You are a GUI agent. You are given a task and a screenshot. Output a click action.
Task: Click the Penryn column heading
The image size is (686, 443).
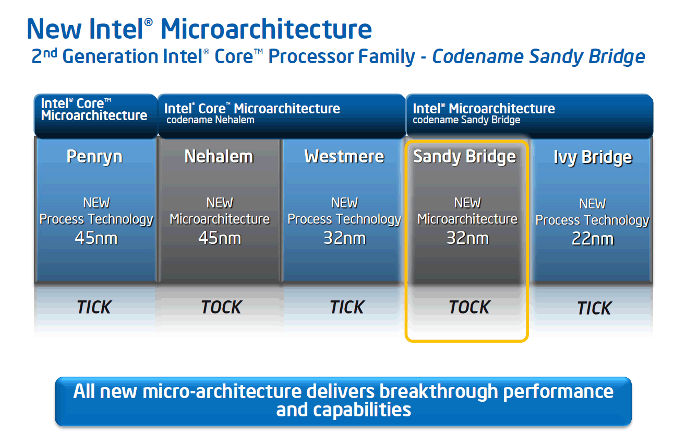[x=94, y=157]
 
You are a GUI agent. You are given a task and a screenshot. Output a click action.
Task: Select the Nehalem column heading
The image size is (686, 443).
[x=219, y=157]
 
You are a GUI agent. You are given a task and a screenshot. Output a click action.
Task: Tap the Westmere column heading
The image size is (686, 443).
[x=344, y=157]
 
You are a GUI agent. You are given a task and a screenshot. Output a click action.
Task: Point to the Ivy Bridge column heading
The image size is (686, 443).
[x=593, y=157]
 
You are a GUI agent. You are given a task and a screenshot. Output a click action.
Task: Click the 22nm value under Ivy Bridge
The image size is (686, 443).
[x=593, y=239]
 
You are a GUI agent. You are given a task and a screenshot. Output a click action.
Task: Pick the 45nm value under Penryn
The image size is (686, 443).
[x=96, y=238]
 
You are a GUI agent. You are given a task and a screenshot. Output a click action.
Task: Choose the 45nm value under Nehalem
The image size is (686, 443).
[x=220, y=238]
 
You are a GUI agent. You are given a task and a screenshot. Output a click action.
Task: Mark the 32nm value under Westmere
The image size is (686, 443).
[x=344, y=238]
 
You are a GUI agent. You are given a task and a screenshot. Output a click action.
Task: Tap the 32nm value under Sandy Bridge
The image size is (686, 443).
[x=467, y=238]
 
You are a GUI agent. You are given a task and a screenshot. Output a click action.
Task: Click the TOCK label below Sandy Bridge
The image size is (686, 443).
[x=470, y=307]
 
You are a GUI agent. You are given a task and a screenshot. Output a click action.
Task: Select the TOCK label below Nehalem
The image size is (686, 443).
[x=221, y=307]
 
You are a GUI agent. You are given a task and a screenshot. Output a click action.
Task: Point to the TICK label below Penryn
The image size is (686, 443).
[x=94, y=307]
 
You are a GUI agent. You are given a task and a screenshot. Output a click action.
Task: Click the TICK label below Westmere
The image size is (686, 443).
[x=347, y=307]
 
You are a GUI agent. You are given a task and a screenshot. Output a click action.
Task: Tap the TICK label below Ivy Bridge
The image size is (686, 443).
[x=594, y=308]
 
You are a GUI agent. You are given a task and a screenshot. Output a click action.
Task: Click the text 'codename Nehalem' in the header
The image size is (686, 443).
[x=210, y=120]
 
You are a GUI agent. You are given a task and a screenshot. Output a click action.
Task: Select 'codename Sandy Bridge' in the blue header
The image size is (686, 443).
[x=466, y=120]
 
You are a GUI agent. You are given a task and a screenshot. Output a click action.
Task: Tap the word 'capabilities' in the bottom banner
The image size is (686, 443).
[x=362, y=410]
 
